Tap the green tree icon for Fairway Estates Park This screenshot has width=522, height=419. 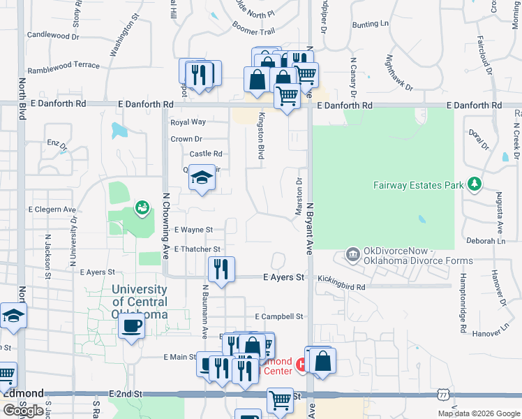pos(475,184)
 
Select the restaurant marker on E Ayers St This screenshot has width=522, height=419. pos(221,270)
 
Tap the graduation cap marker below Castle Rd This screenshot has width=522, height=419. pos(202,178)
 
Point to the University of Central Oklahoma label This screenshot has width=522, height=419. pos(140,301)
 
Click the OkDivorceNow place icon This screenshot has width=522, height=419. pos(352,254)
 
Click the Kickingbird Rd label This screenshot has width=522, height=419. pos(341,287)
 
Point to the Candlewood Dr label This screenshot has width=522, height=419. pos(58,35)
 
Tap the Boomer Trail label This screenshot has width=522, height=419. pos(253,31)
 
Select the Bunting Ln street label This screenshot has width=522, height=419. pos(370,24)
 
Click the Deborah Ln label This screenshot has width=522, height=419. pos(486,241)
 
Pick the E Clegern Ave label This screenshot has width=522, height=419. pos(52,209)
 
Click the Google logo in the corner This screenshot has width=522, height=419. pos(23,411)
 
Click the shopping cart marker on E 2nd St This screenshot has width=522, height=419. pos(280,400)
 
